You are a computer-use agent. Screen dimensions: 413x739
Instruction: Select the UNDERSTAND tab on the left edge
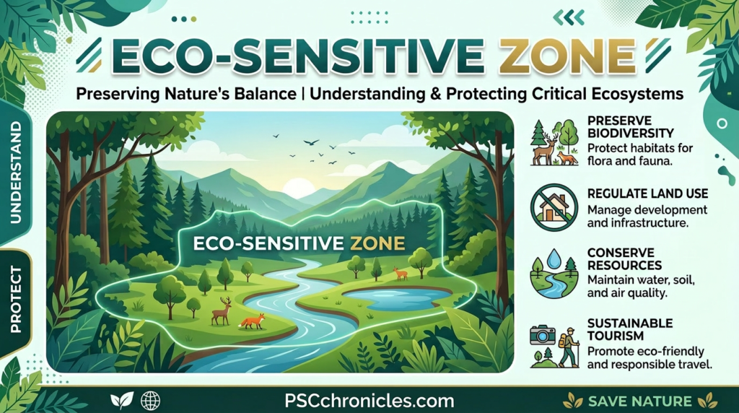pyautogui.click(x=15, y=172)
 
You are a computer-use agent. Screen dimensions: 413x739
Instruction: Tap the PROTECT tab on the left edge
pyautogui.click(x=15, y=299)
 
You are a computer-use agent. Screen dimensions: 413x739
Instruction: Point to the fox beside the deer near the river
pyautogui.click(x=252, y=320)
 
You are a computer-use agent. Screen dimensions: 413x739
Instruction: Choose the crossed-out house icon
pyautogui.click(x=554, y=207)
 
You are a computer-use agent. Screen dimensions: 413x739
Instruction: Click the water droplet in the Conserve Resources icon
pyautogui.click(x=554, y=259)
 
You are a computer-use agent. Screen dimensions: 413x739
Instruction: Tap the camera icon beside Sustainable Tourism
pyautogui.click(x=542, y=335)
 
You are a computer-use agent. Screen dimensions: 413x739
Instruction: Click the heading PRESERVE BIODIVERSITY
pyautogui.click(x=630, y=127)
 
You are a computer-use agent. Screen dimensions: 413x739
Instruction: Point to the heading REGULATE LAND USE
pyautogui.click(x=647, y=194)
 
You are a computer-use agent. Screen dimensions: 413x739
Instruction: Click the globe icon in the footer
pyautogui.click(x=150, y=401)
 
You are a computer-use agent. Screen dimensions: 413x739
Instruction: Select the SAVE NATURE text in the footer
pyautogui.click(x=639, y=401)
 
